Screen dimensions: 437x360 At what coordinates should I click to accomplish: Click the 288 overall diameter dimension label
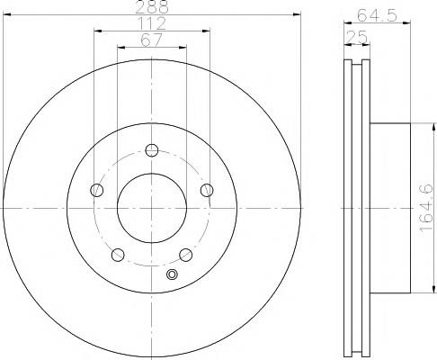(152, 6)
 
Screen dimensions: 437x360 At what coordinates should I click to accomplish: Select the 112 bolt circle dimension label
(152, 23)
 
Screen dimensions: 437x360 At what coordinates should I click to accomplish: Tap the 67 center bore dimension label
(152, 40)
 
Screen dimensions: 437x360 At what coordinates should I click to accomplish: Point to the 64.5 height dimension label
(377, 15)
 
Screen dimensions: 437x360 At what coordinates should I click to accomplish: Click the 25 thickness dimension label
(357, 37)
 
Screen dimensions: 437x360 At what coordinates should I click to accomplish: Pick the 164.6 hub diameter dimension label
(426, 208)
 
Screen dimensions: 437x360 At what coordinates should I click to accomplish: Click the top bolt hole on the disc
(152, 150)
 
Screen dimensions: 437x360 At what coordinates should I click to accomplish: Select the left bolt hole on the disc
(97, 190)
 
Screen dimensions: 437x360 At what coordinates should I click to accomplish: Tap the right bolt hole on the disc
(207, 190)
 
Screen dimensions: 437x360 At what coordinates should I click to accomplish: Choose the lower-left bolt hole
(118, 255)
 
